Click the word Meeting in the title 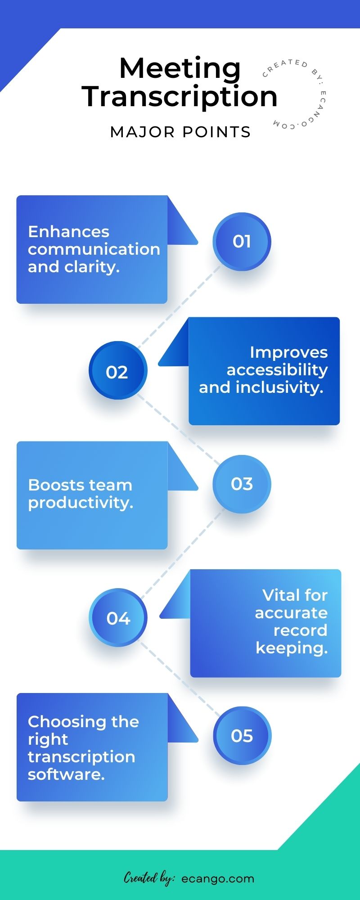[x=180, y=68]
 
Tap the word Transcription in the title [x=180, y=97]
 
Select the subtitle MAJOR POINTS [x=180, y=132]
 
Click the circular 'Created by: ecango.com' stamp [x=295, y=94]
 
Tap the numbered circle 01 [x=242, y=242]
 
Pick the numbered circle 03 [x=242, y=484]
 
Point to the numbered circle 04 [x=118, y=617]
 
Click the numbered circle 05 [x=242, y=736]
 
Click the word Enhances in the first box [x=68, y=232]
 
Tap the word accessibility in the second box [x=277, y=370]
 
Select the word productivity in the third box [x=80, y=503]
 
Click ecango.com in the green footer [x=218, y=878]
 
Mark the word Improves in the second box [x=288, y=352]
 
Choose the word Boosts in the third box [x=54, y=485]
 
